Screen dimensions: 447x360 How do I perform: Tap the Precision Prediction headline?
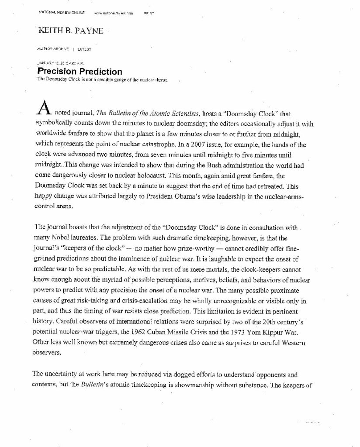[80, 72]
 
